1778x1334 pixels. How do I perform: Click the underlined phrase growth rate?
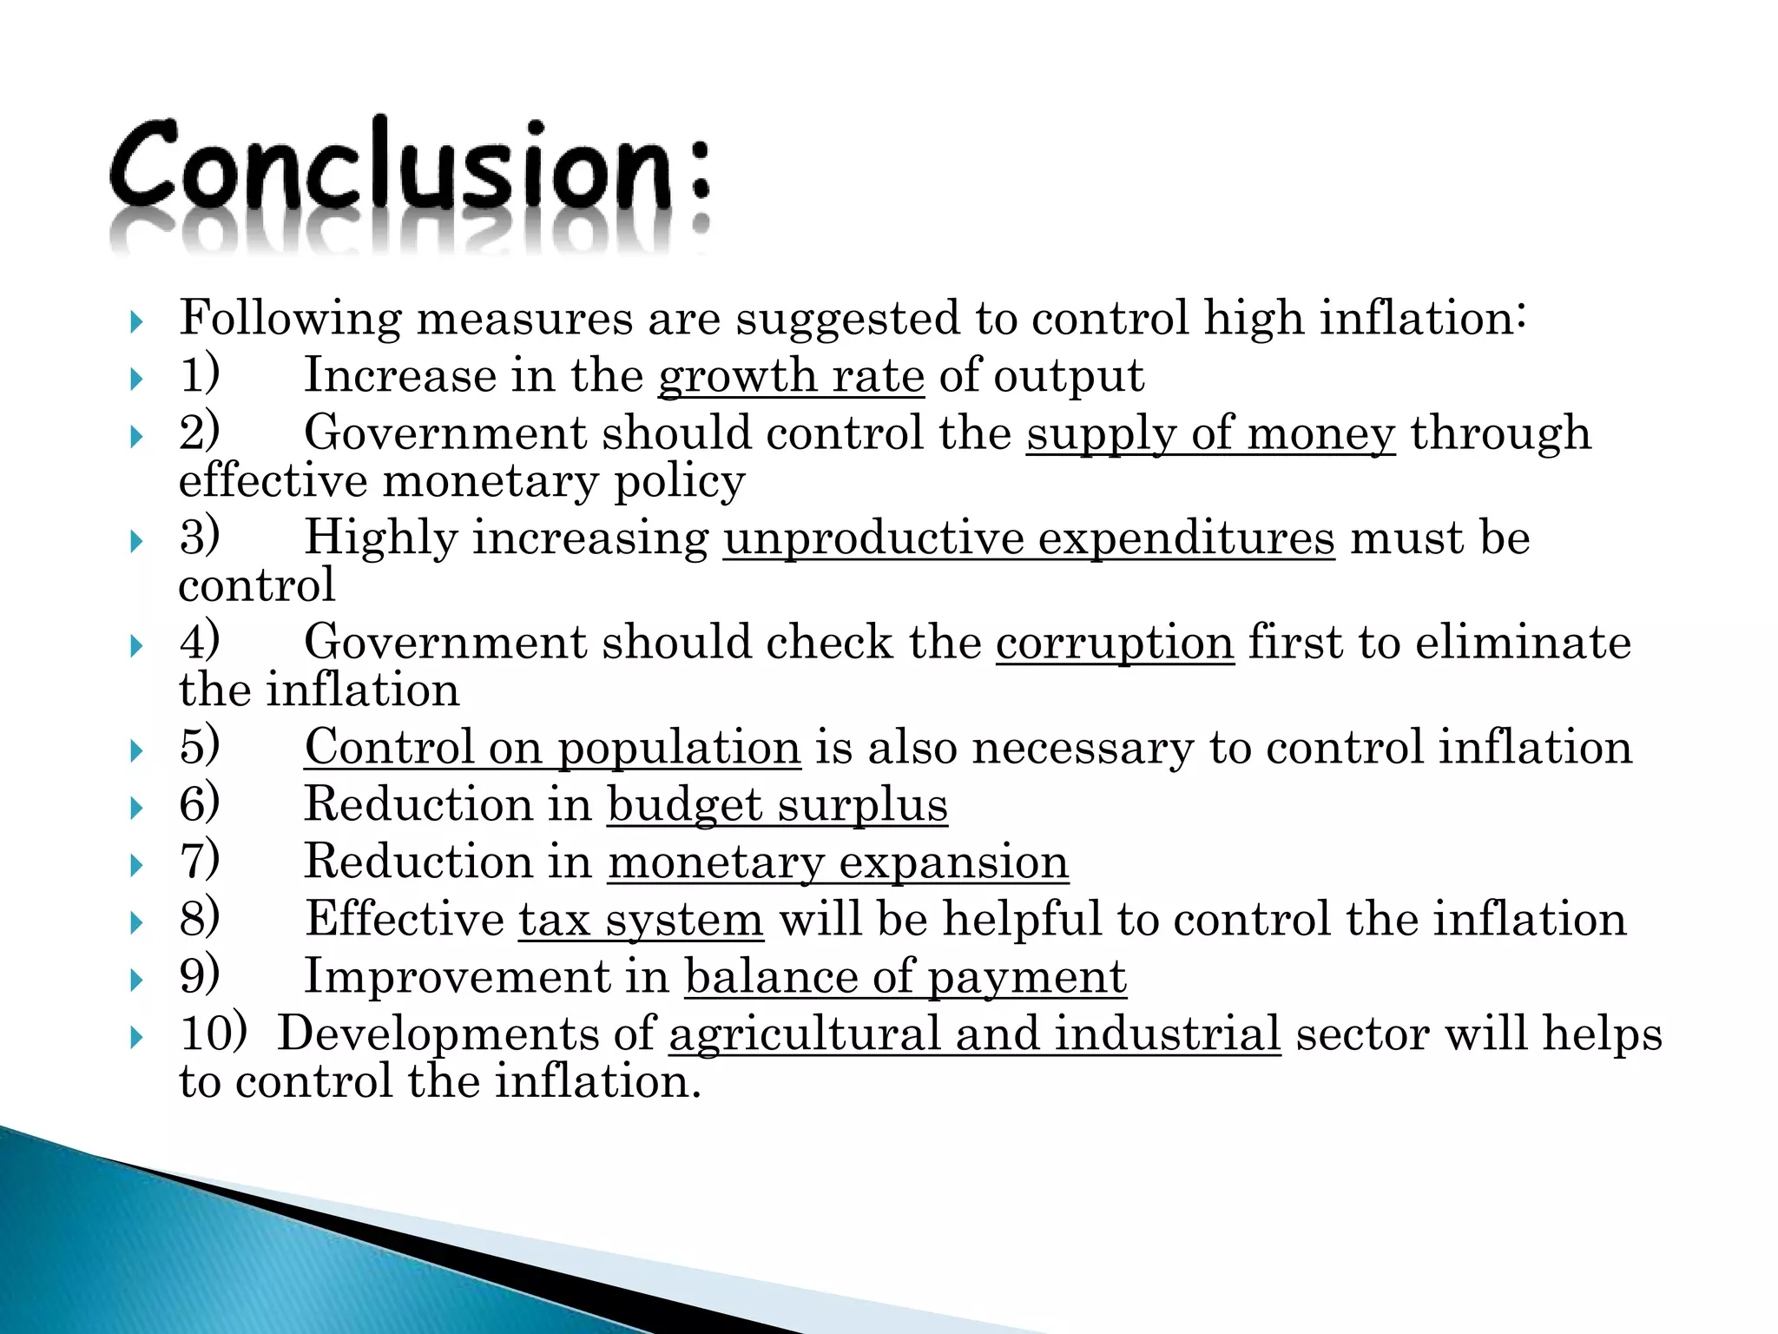(791, 376)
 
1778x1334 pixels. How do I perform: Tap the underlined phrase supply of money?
(1210, 433)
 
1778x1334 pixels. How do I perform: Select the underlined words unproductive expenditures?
(1029, 538)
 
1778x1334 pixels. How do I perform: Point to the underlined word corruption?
(1115, 644)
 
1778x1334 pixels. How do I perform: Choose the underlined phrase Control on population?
(552, 748)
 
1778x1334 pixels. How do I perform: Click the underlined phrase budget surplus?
(777, 805)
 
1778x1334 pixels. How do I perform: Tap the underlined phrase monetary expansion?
(838, 862)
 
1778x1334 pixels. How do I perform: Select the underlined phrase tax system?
(641, 920)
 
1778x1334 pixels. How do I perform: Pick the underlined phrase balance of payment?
(905, 977)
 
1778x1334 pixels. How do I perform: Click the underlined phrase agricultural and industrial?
(974, 1034)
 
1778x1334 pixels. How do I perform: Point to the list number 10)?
(214, 1034)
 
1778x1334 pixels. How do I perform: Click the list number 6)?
(200, 804)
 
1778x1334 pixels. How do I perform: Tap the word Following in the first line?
(290, 319)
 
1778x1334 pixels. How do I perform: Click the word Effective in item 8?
(405, 920)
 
